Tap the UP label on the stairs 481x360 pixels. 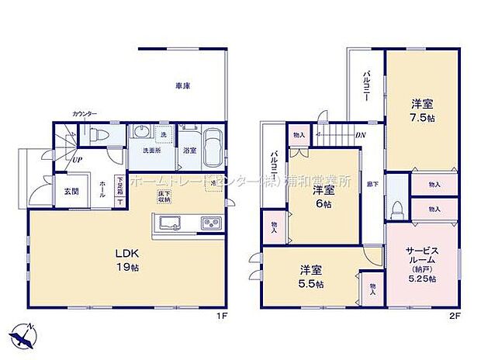(78, 159)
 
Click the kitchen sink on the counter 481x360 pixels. (169, 223)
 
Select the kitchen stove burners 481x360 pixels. (213, 224)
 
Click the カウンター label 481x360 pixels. (84, 114)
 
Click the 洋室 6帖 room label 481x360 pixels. (323, 196)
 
